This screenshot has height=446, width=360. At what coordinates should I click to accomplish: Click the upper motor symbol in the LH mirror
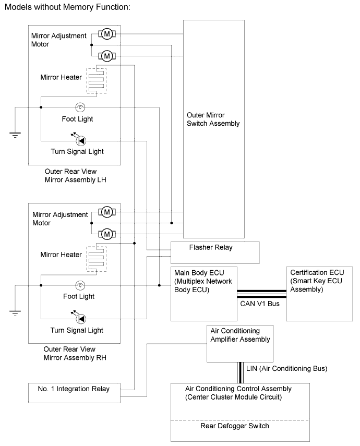click(x=107, y=34)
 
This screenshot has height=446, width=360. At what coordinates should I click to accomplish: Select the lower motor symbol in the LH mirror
click(x=107, y=56)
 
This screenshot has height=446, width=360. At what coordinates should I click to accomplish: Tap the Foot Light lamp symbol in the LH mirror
click(x=80, y=107)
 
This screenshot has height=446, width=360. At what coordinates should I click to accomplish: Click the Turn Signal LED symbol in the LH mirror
click(x=81, y=140)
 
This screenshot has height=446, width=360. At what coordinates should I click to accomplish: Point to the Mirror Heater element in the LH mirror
click(x=97, y=81)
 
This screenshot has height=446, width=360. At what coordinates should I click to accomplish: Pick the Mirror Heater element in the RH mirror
click(x=97, y=259)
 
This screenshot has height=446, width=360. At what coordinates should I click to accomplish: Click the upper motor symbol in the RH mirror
click(x=107, y=212)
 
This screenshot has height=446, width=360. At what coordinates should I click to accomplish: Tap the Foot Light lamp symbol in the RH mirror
click(x=80, y=285)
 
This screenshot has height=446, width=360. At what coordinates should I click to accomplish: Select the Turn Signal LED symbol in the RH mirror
click(x=81, y=319)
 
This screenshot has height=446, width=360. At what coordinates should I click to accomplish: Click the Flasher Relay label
click(x=211, y=247)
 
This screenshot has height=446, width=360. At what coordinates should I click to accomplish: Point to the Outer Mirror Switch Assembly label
click(x=213, y=119)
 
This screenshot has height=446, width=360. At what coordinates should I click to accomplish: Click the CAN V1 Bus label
click(x=260, y=304)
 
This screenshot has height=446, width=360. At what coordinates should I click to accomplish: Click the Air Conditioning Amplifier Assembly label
click(x=240, y=335)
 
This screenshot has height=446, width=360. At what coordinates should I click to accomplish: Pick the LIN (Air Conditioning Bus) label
click(x=287, y=368)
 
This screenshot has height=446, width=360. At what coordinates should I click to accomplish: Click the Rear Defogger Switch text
click(x=235, y=426)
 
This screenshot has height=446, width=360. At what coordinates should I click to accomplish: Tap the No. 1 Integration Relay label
click(x=74, y=389)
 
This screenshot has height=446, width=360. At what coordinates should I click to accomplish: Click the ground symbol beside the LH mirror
click(x=15, y=135)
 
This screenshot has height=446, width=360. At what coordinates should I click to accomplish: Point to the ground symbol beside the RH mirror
click(x=15, y=313)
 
